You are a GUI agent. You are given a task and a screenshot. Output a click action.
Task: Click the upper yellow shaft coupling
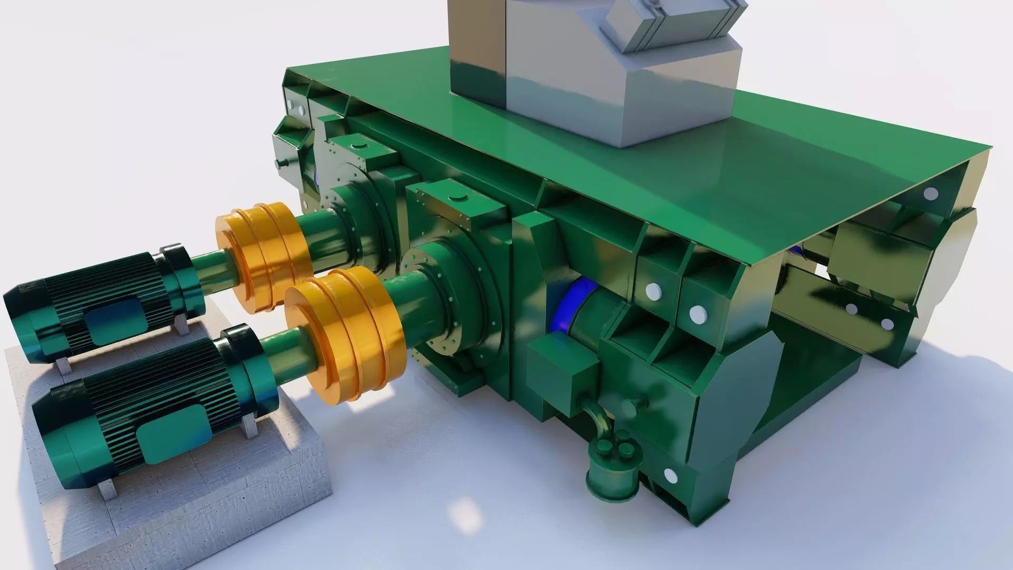tap(261, 256)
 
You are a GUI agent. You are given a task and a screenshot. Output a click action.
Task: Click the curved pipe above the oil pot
tap(596, 417)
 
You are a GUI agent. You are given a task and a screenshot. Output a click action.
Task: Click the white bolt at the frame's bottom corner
tap(670, 476)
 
